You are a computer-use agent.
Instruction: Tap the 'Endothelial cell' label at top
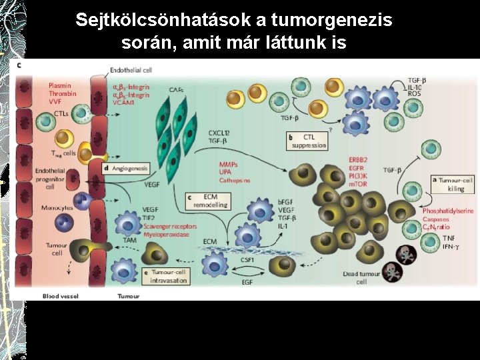click(133, 70)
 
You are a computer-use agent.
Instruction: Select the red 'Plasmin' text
click(60, 86)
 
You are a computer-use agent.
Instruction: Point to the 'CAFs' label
click(176, 89)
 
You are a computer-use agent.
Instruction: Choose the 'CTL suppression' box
click(309, 141)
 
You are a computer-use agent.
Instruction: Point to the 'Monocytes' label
click(57, 207)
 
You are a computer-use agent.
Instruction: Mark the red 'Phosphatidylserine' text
click(448, 211)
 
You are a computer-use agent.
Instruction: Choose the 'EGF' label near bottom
click(247, 283)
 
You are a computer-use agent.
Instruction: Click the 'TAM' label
click(130, 239)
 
